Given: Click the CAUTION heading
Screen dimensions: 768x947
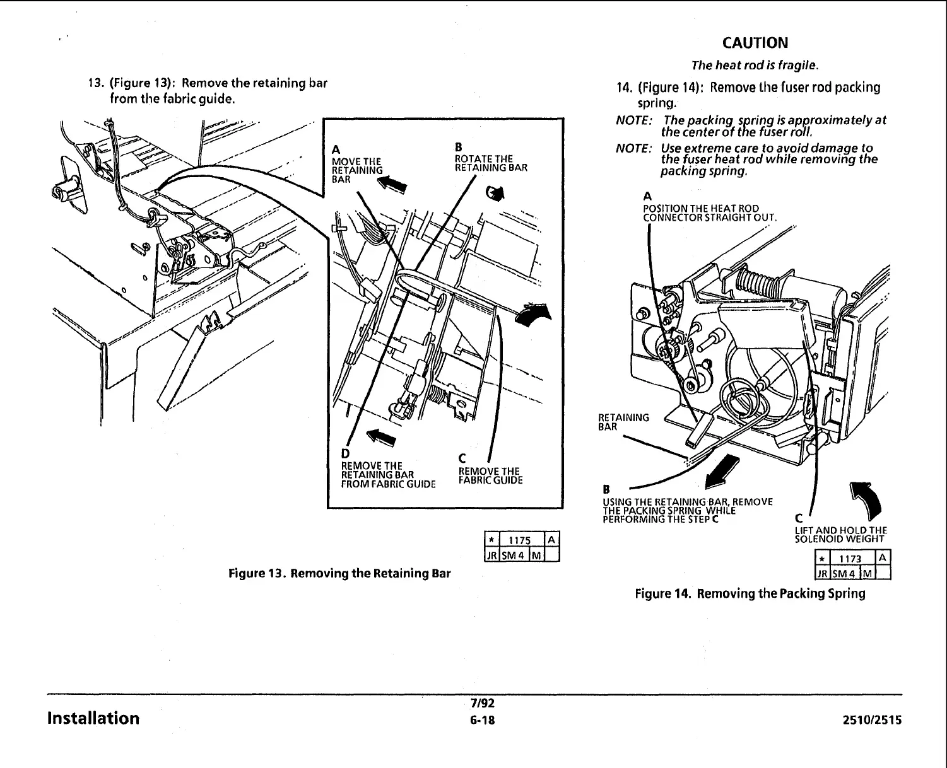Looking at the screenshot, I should [x=755, y=43].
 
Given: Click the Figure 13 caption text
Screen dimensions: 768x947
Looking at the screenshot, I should [x=339, y=574].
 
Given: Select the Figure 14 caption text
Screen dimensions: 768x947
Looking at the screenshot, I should [x=750, y=593].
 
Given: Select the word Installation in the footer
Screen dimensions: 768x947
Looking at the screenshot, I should [x=93, y=718].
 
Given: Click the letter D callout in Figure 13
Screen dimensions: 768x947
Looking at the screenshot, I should [x=344, y=454].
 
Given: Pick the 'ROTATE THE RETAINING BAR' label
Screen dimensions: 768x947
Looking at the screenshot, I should [x=491, y=163].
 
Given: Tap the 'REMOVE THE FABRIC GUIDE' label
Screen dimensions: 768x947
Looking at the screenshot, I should [x=490, y=476].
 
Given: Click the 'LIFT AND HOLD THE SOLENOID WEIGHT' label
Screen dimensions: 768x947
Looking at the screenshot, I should [x=840, y=535].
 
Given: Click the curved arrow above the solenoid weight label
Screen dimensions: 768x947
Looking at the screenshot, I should [x=868, y=499].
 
